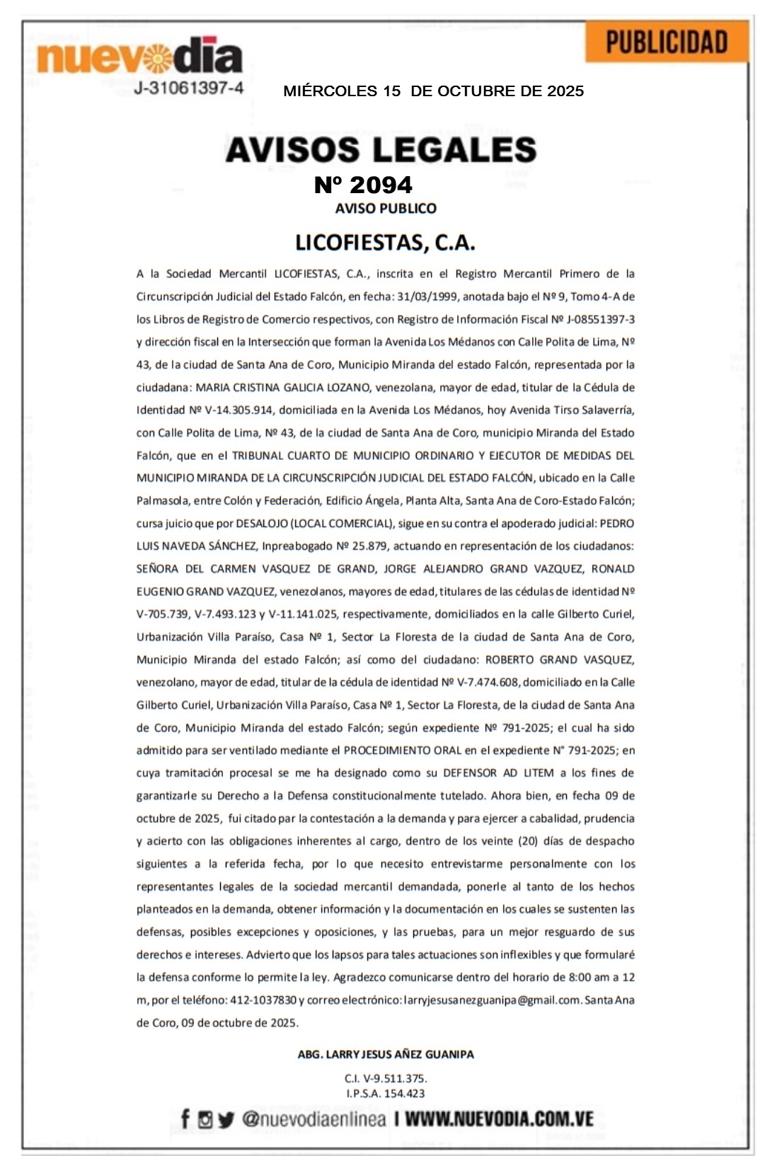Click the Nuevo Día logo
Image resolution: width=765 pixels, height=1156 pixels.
(139, 57)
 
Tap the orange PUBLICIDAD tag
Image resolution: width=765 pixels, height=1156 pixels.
(667, 42)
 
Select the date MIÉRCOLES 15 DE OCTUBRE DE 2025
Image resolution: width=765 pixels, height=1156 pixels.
(433, 91)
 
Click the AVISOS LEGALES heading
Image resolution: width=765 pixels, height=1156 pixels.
(381, 150)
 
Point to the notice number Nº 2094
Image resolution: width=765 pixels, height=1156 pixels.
(363, 185)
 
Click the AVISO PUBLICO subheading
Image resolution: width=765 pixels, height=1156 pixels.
(386, 209)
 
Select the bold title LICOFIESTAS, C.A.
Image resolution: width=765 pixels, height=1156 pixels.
(385, 243)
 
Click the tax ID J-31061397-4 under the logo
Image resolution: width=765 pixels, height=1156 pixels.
(189, 88)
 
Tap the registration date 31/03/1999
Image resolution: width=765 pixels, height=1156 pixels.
(427, 297)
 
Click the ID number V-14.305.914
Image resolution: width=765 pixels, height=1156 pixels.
(231, 410)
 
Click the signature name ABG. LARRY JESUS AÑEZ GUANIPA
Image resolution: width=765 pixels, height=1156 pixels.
(386, 1054)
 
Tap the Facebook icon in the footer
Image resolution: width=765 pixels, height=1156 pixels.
(185, 1119)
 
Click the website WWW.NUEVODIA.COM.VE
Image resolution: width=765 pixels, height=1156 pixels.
(499, 1119)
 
